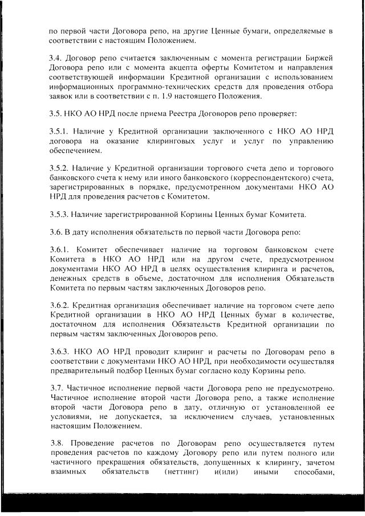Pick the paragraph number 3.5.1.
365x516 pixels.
(x=60, y=131)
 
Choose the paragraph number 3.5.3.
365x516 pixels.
(x=60, y=215)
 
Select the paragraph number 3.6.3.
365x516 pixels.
(x=60, y=352)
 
